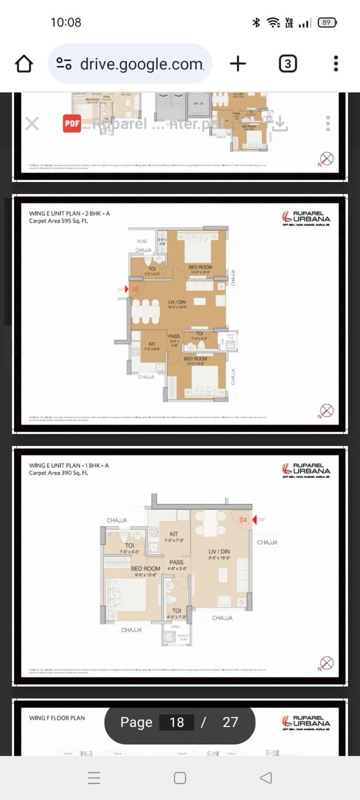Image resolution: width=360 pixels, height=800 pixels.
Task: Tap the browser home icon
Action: tap(24, 64)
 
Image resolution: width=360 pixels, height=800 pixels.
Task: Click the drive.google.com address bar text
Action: tap(142, 64)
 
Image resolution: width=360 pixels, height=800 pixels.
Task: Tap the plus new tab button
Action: tap(238, 64)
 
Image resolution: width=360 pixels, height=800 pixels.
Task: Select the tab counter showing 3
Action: tap(288, 64)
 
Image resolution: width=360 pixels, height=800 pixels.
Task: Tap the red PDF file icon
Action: tap(72, 124)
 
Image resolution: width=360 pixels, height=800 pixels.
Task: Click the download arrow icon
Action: tap(280, 124)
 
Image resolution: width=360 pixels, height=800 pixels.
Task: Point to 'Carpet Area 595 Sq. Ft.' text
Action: tap(58, 221)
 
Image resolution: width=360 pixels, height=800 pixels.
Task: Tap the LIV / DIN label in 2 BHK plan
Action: tap(177, 302)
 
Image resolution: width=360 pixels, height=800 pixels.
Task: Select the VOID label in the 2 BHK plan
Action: tap(142, 241)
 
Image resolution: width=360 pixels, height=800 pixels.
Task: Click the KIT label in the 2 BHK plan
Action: tap(152, 344)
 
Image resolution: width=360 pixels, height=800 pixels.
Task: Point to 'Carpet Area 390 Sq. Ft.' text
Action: tap(58, 473)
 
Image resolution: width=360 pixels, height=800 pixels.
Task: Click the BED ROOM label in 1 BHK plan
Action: tap(145, 569)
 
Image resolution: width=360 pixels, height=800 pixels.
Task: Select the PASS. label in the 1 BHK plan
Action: tap(176, 562)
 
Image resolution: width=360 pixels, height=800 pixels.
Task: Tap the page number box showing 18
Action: tap(177, 722)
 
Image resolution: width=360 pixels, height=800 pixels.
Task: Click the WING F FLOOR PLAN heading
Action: tap(57, 718)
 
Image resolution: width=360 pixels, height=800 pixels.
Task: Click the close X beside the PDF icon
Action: tap(32, 124)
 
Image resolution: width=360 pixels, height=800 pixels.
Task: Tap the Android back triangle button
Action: tap(266, 778)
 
